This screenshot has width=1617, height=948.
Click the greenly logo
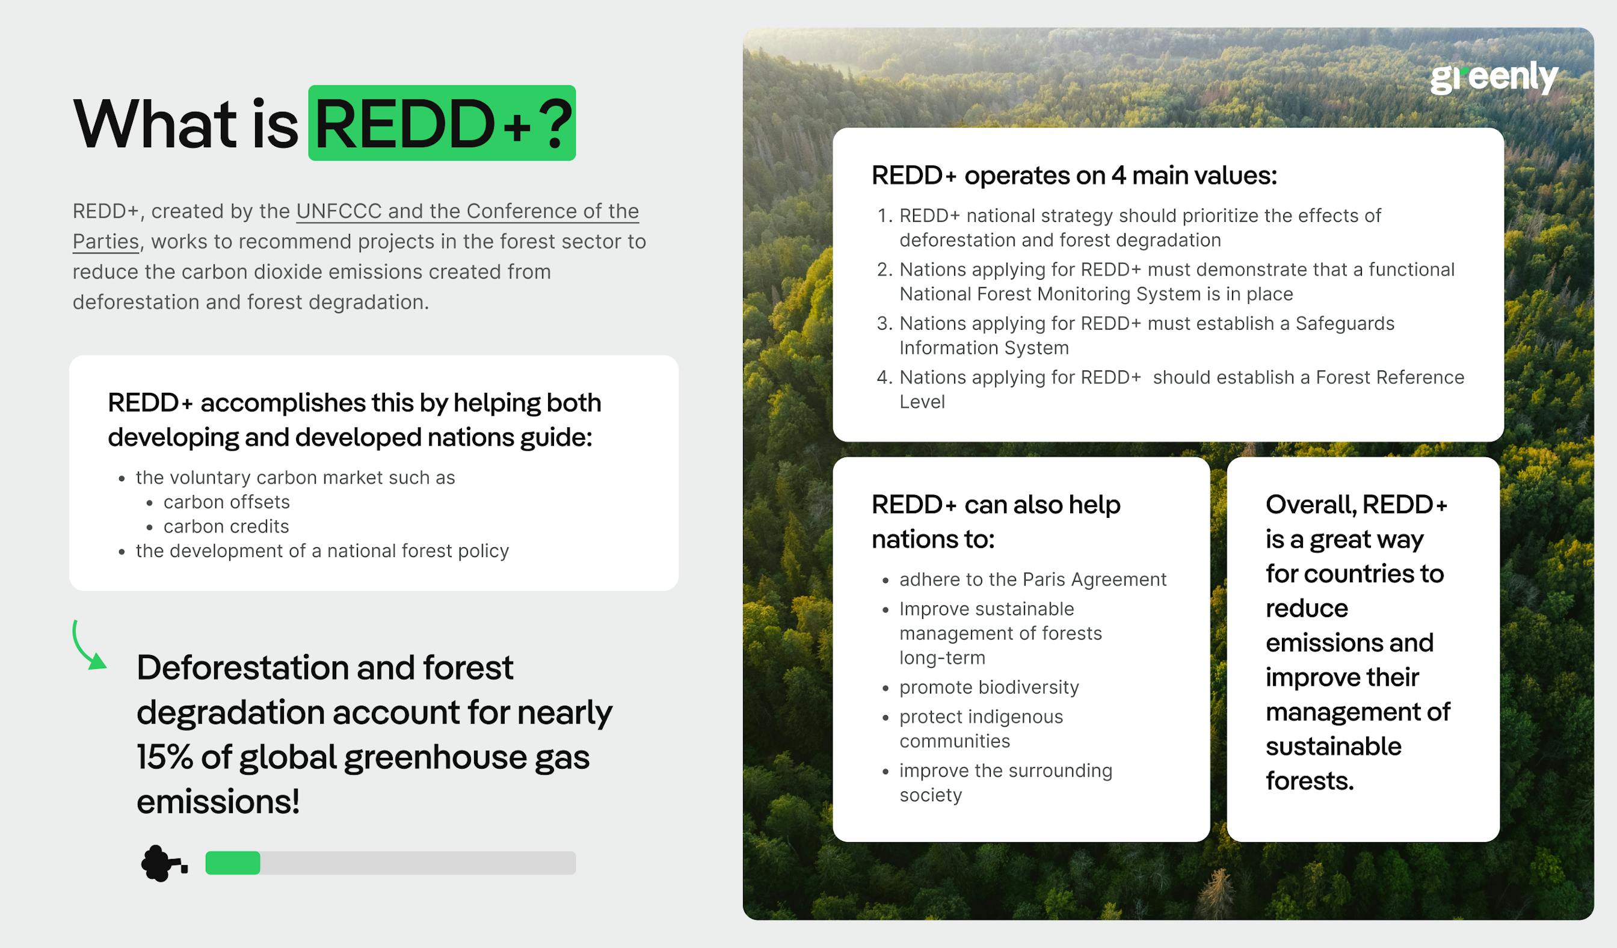[x=1493, y=78]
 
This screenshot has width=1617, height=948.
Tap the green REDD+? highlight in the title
[x=442, y=123]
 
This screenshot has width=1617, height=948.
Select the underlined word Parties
[x=105, y=242]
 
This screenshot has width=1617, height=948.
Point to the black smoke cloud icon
[x=158, y=863]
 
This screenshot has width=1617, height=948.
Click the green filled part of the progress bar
[x=232, y=863]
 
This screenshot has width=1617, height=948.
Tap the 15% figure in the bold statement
[x=164, y=757]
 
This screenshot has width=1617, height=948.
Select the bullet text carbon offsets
[x=227, y=502]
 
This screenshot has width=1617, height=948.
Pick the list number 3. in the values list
[x=885, y=323]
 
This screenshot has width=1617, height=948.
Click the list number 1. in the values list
[x=885, y=215]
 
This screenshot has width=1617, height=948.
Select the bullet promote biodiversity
[x=989, y=688]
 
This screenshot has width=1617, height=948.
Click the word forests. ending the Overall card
[x=1309, y=781]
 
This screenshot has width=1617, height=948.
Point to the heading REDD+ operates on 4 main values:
[x=1074, y=176]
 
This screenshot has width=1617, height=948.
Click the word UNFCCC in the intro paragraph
[x=339, y=211]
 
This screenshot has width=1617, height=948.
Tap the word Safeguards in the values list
[x=1344, y=323]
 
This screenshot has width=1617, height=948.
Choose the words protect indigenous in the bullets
[x=981, y=717]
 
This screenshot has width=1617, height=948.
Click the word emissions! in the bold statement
[x=218, y=802]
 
